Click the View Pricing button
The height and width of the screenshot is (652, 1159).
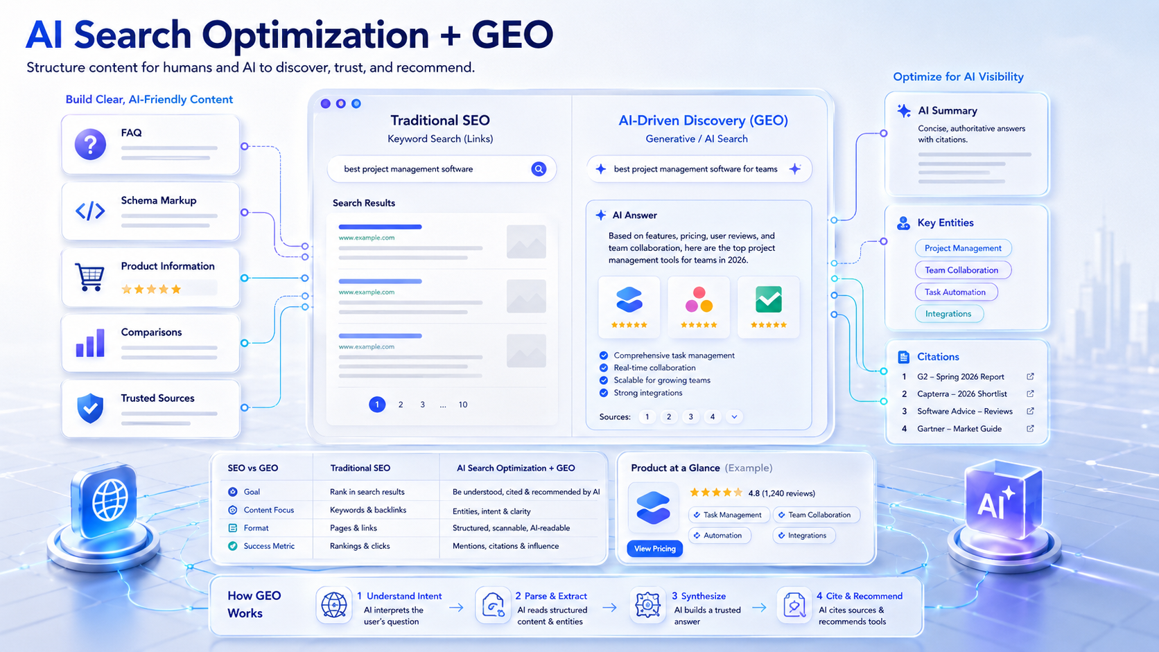654,549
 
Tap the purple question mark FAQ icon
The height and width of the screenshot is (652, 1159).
90,143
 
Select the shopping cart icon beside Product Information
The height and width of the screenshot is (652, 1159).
89,277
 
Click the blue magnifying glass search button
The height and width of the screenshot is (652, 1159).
539,169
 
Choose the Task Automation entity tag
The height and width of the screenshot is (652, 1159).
955,292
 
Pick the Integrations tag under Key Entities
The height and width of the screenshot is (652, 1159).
948,314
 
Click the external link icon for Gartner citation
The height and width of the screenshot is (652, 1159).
1030,429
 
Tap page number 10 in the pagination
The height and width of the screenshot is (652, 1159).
463,405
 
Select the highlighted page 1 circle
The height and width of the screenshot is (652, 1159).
377,405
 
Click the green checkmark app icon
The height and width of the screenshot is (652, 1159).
768,299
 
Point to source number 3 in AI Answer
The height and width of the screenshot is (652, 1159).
690,416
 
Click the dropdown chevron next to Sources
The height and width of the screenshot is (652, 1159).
734,416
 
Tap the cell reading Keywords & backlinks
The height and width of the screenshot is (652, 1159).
368,510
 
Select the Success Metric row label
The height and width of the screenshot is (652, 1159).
269,546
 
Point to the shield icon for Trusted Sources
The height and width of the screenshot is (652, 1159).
90,409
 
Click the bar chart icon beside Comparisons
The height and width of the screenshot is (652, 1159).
90,343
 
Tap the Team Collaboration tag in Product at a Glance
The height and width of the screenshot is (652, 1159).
817,515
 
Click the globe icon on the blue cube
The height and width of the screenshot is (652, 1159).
110,500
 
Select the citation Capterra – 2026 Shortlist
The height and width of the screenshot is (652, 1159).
962,394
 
